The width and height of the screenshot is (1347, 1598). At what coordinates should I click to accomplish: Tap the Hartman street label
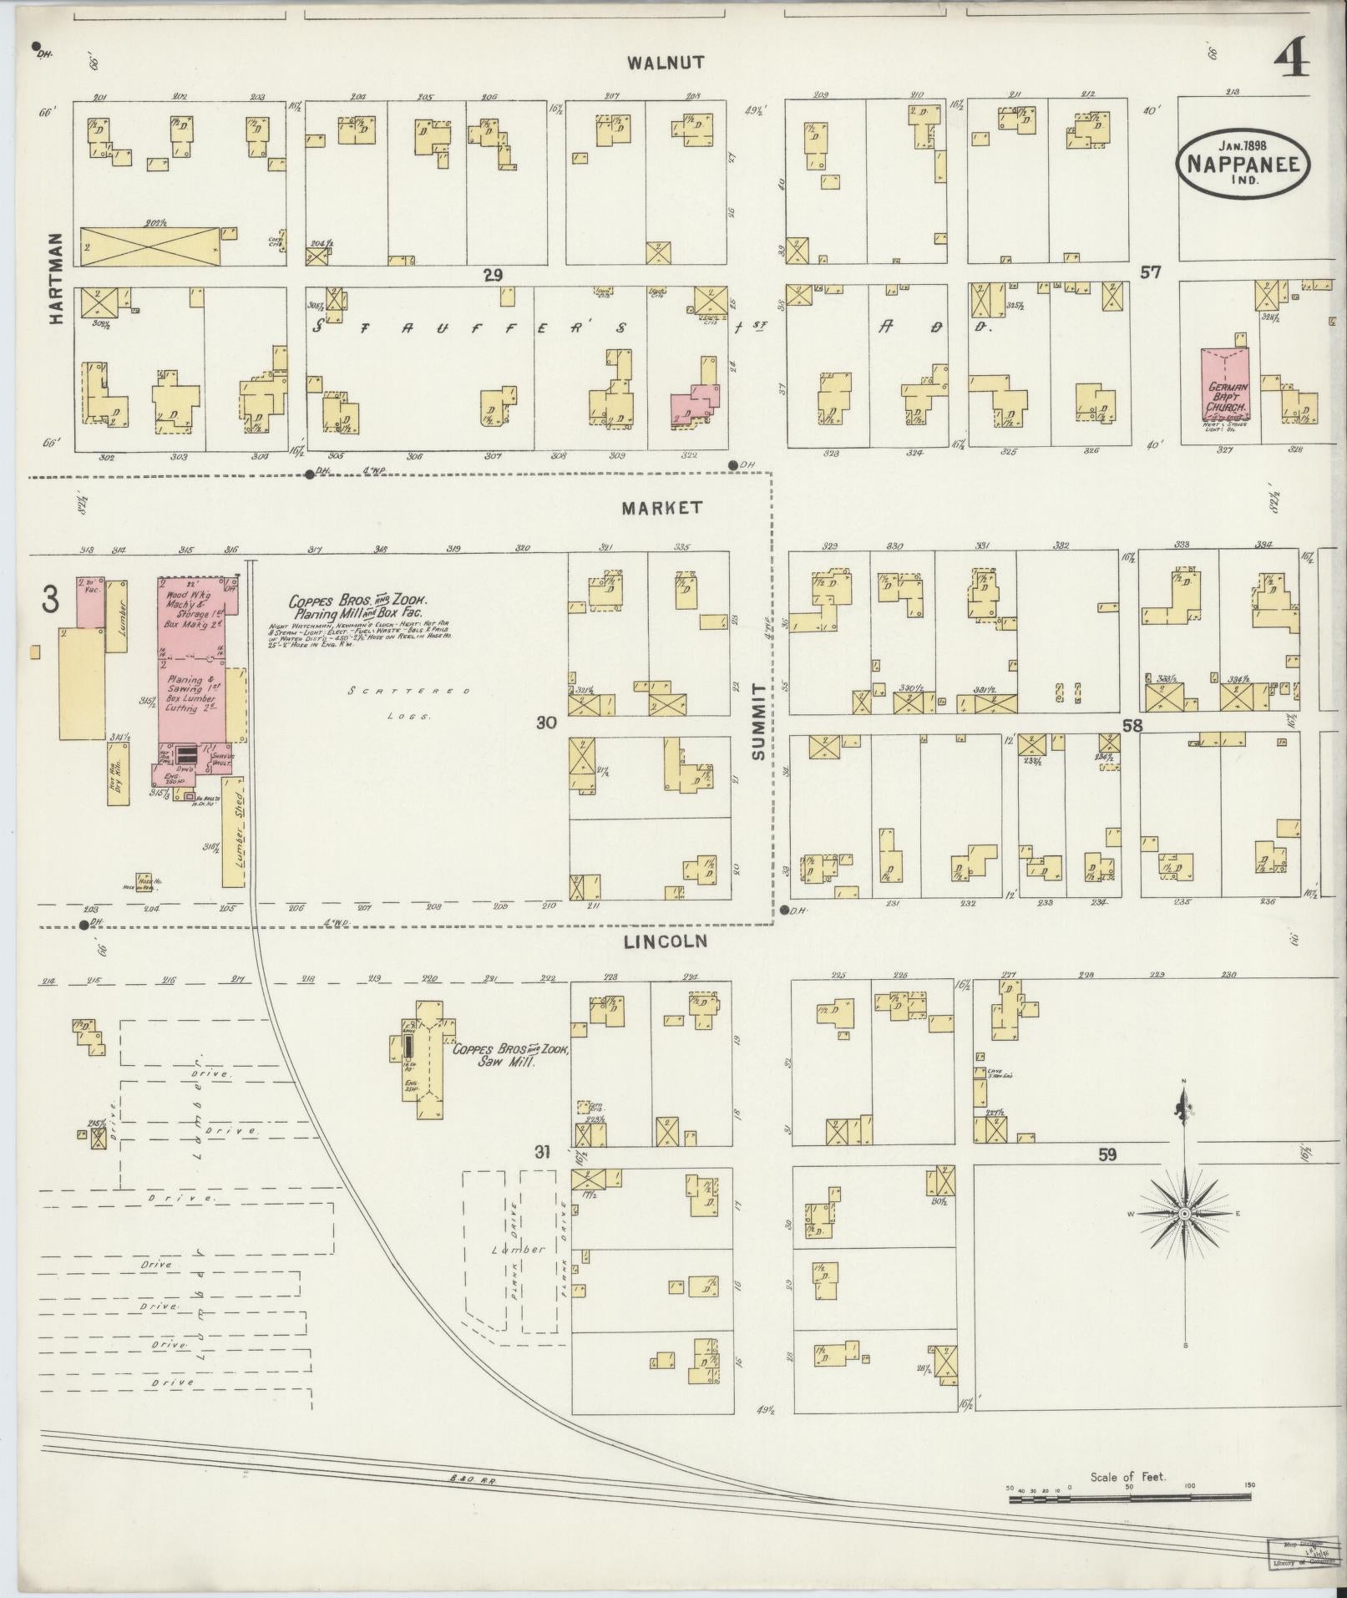click(x=56, y=278)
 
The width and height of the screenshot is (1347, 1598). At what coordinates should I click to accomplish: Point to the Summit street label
click(x=758, y=721)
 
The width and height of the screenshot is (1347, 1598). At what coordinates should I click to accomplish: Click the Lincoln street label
click(x=666, y=941)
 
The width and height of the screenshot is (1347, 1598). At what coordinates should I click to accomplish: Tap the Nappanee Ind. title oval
click(x=1243, y=163)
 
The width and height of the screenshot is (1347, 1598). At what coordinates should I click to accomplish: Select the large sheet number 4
click(x=1292, y=60)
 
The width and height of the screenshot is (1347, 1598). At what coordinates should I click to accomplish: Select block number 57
click(x=1151, y=272)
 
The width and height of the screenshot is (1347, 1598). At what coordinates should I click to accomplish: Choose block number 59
click(x=1107, y=1155)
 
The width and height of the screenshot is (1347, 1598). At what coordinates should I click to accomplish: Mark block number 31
click(x=544, y=1154)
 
